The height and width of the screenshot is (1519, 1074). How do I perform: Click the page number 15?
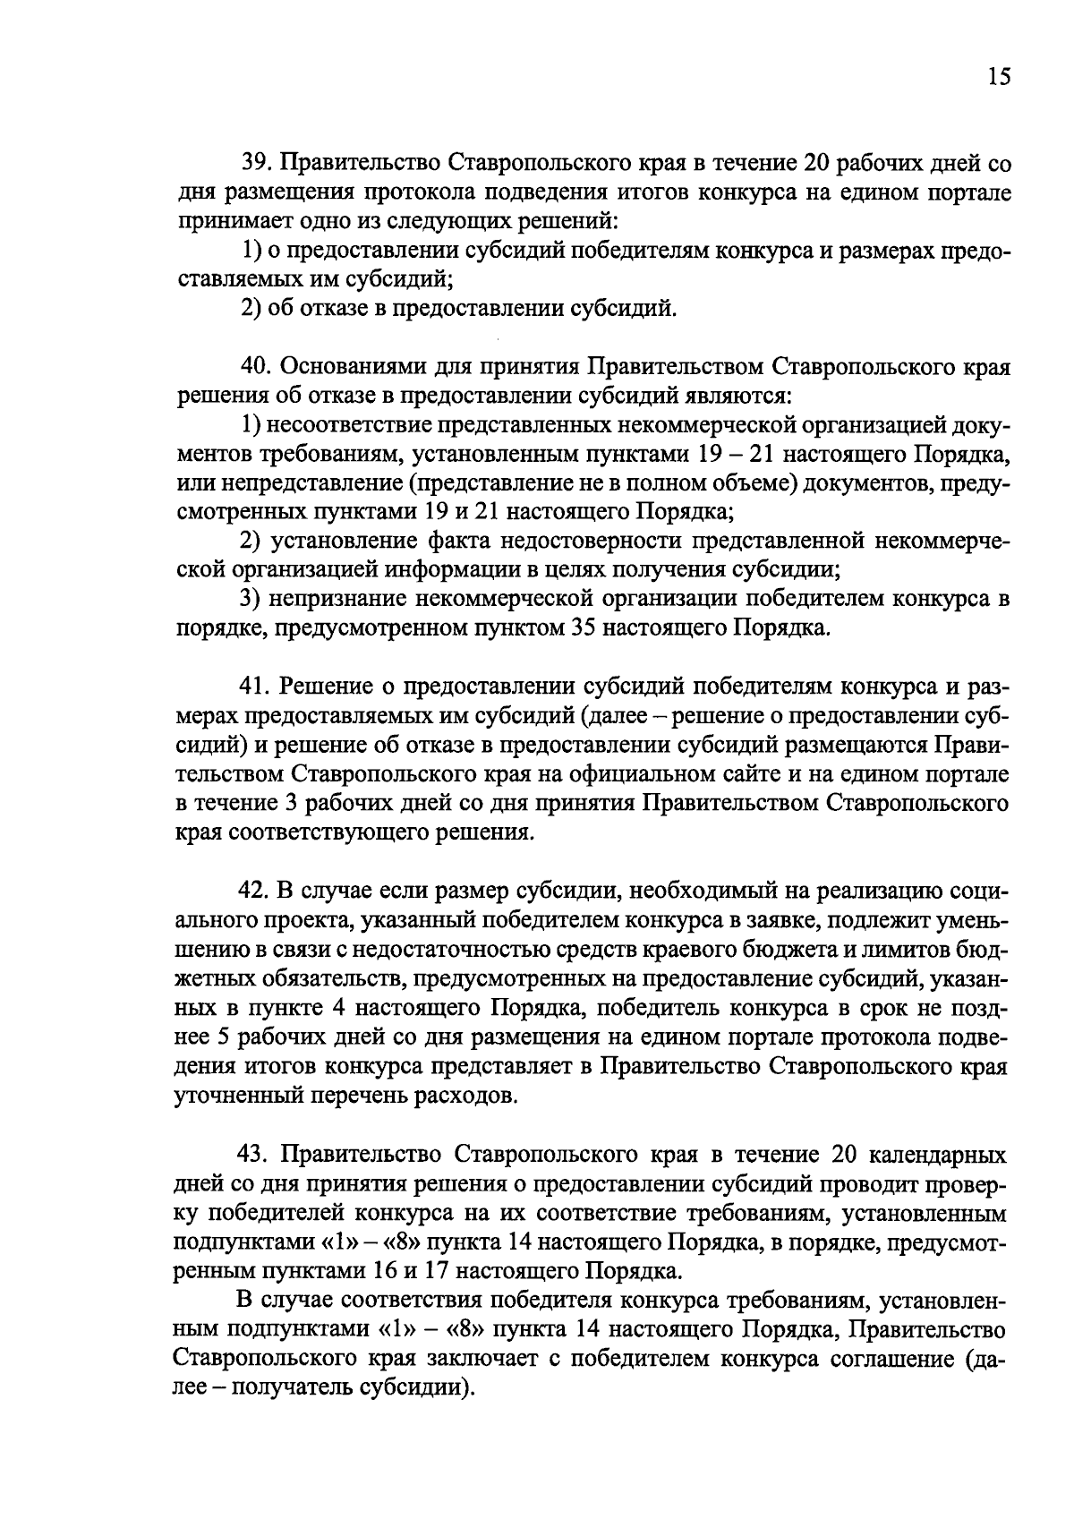click(999, 77)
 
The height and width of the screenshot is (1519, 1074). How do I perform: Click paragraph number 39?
click(254, 164)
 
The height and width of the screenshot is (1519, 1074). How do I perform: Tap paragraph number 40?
click(254, 366)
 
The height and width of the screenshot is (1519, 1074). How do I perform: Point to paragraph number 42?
click(254, 892)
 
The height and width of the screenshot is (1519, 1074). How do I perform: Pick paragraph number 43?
click(254, 1156)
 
